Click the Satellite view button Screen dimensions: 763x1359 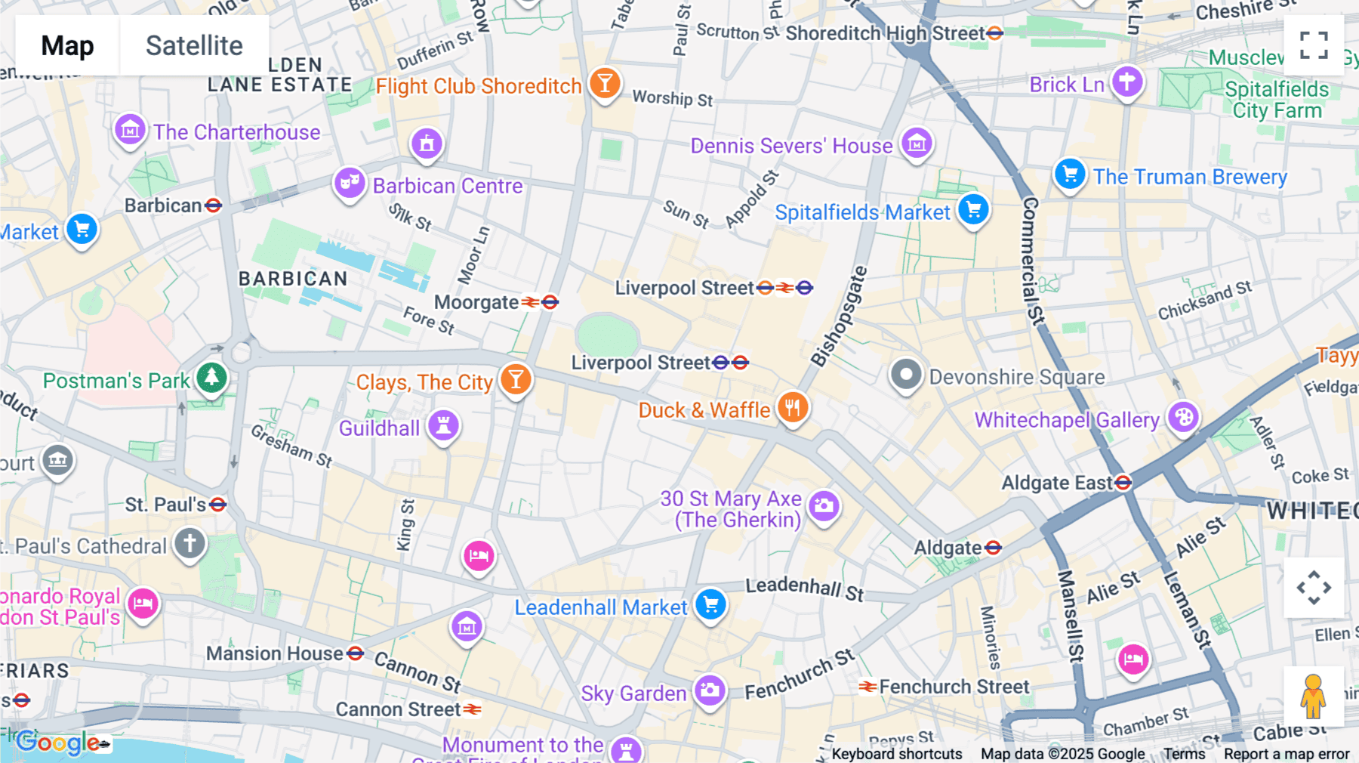pyautogui.click(x=194, y=46)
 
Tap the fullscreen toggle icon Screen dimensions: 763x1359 pyautogui.click(x=1314, y=45)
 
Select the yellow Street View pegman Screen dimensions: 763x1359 pyautogui.click(x=1313, y=696)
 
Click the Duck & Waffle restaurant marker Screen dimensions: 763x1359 pyautogui.click(x=792, y=408)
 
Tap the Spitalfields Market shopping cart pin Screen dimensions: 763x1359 pyautogui.click(x=973, y=209)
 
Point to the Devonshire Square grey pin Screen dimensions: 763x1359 pyautogui.click(x=906, y=375)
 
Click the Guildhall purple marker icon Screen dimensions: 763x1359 pyautogui.click(x=444, y=425)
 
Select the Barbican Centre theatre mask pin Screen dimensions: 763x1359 pyautogui.click(x=350, y=183)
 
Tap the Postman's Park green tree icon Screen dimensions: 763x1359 pyautogui.click(x=211, y=377)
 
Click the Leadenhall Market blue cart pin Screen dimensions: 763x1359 pyautogui.click(x=710, y=604)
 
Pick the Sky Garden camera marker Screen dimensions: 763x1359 pyautogui.click(x=710, y=690)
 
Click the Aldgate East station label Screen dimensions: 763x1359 pyautogui.click(x=1057, y=483)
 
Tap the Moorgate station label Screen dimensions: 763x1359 pyautogui.click(x=476, y=302)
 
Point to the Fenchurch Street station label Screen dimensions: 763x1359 pyautogui.click(x=954, y=687)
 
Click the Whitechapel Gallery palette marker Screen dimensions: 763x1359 pyautogui.click(x=1183, y=417)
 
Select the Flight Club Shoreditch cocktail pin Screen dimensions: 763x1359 pyautogui.click(x=605, y=84)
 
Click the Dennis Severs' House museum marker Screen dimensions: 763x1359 pyautogui.click(x=917, y=143)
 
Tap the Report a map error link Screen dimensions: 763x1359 pyautogui.click(x=1287, y=754)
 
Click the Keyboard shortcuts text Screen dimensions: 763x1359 pyautogui.click(x=897, y=754)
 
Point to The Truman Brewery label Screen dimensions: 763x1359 pyautogui.click(x=1190, y=177)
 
